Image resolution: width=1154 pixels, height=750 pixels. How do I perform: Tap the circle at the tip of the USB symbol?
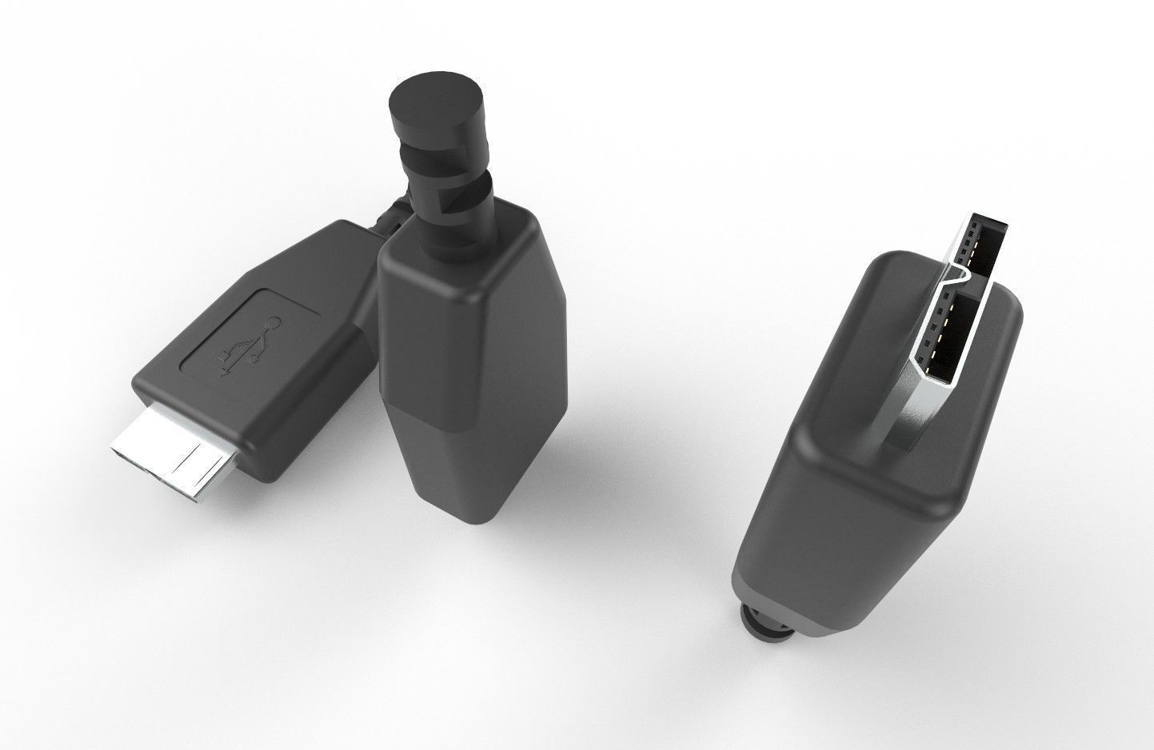coord(277,323)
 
